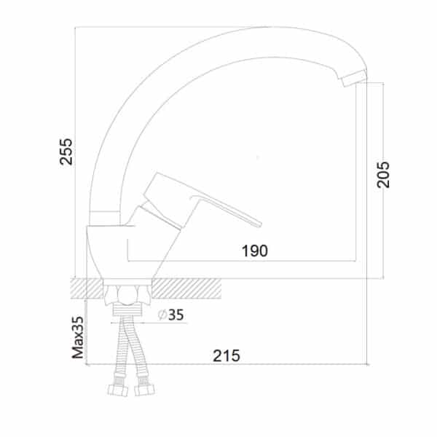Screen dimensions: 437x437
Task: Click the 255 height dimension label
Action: [x=66, y=152]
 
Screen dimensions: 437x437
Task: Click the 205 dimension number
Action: [x=383, y=175]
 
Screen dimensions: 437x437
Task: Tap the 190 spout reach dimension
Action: [x=255, y=251]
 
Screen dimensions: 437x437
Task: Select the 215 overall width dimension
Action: [x=227, y=355]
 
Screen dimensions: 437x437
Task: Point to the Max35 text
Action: [x=78, y=337]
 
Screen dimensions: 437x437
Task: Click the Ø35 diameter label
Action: [x=171, y=315]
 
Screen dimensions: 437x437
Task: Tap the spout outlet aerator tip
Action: [x=354, y=78]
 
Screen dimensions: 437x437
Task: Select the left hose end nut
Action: [x=117, y=390]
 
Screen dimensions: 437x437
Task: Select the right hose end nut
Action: [x=144, y=390]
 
